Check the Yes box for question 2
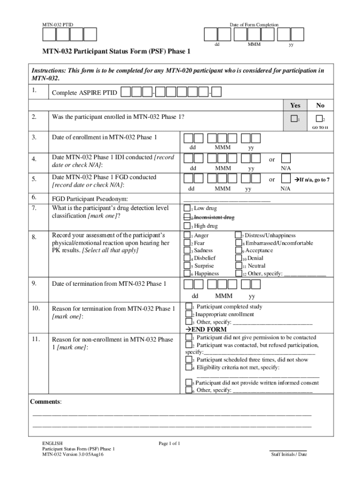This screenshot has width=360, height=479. (x=294, y=118)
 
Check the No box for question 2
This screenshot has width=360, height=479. (x=319, y=118)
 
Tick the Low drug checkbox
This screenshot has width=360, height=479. (x=187, y=208)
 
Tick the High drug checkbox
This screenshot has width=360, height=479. (x=187, y=226)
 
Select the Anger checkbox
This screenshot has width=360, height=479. (x=187, y=236)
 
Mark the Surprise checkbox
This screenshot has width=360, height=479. (x=187, y=266)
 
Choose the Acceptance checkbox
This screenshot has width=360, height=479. (x=238, y=251)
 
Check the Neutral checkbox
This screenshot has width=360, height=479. (x=238, y=266)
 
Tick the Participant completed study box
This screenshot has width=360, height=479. (x=188, y=307)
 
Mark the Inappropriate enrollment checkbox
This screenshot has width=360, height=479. (x=188, y=314)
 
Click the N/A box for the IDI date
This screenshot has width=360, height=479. (x=286, y=159)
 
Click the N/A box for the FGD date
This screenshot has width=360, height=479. (x=286, y=179)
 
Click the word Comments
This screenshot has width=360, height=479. (x=45, y=402)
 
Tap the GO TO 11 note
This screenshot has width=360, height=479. (x=321, y=128)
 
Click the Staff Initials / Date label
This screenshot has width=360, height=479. (x=289, y=454)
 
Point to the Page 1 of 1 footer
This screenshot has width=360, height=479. (x=169, y=443)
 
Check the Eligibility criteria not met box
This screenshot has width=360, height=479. (x=188, y=368)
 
